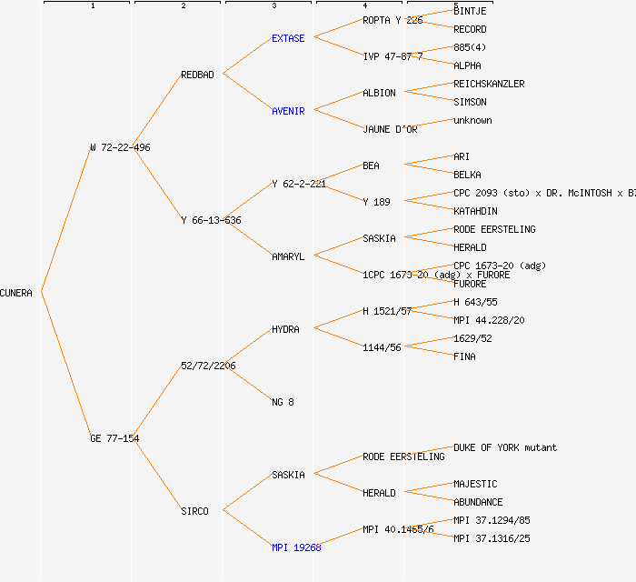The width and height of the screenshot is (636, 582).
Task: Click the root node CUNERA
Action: tap(16, 293)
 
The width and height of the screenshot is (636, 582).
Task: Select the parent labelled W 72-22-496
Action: tap(120, 147)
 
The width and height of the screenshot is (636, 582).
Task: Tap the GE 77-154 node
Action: tap(114, 438)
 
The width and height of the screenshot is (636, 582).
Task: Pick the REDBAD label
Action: tap(197, 75)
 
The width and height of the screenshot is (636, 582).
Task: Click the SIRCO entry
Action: tap(194, 511)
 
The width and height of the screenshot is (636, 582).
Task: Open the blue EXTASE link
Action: tap(288, 38)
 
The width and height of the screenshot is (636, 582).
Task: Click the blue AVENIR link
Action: tap(288, 111)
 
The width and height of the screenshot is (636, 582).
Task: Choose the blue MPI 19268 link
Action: tap(296, 547)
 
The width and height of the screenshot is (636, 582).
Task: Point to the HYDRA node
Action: tap(285, 329)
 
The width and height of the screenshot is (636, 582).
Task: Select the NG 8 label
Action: tap(283, 402)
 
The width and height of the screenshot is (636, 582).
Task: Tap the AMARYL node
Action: tap(288, 256)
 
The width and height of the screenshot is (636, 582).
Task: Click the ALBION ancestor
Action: tap(379, 93)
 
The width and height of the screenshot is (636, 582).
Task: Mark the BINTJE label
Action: tap(470, 11)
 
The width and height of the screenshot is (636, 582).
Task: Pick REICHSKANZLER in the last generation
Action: tap(489, 84)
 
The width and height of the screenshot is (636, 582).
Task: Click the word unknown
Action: tap(472, 120)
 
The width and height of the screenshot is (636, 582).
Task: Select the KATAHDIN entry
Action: tap(475, 211)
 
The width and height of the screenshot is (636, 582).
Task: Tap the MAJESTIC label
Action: tap(475, 484)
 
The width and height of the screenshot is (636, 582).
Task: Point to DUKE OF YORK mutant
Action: tap(505, 447)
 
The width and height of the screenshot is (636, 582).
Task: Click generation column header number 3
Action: tap(273, 6)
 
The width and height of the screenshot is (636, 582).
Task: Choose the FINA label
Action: tap(464, 356)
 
